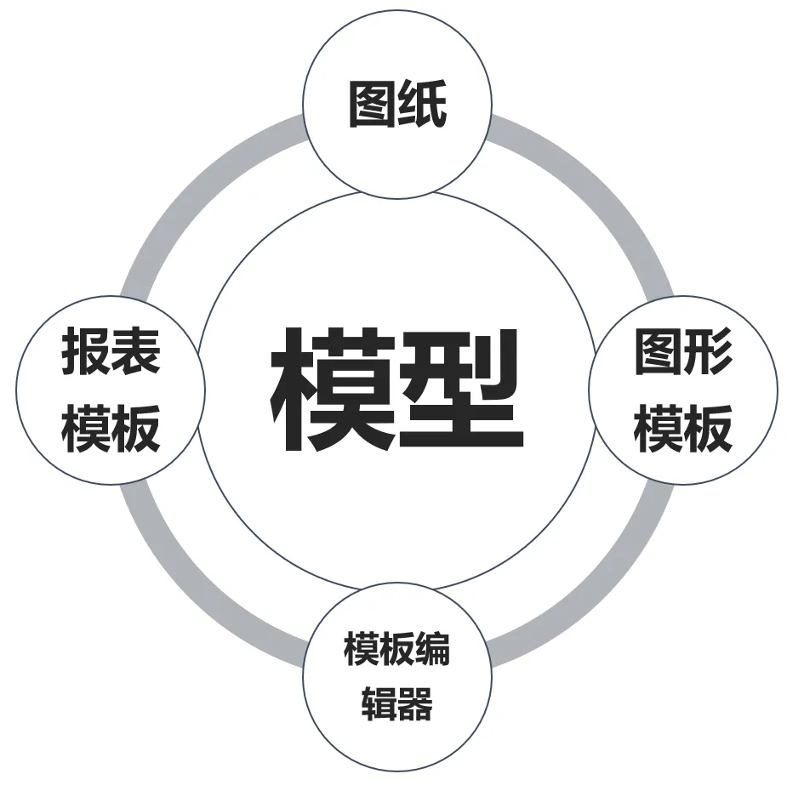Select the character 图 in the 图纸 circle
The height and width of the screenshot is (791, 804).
[x=373, y=105]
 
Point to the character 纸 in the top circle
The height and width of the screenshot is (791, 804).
[x=423, y=105]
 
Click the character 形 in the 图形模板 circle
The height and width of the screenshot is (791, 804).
[x=708, y=351]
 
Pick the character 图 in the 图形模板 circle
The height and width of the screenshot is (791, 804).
[x=659, y=351]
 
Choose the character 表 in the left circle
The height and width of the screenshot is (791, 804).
[x=135, y=351]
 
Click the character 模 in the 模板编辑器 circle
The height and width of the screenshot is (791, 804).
[x=361, y=651]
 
